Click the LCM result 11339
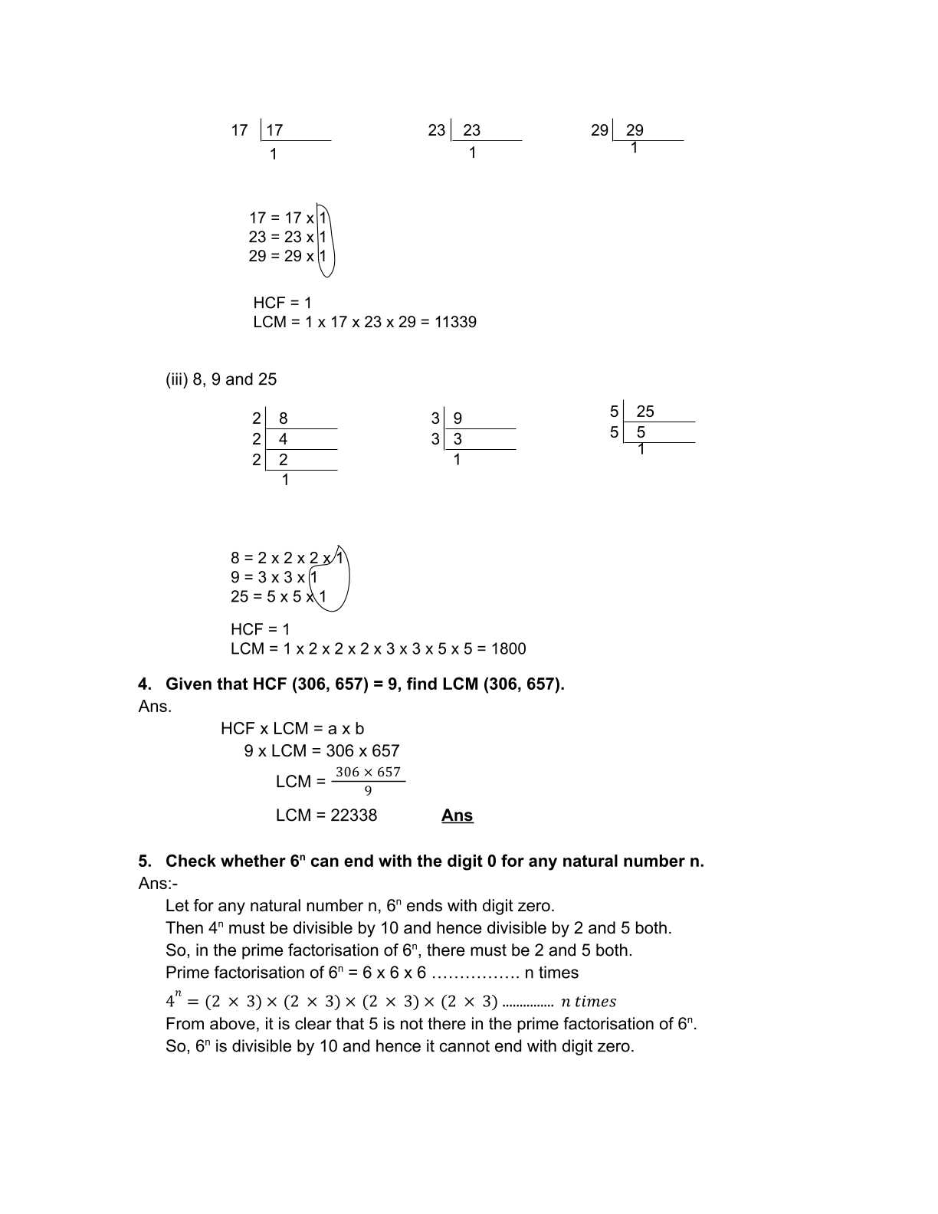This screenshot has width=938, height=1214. coord(455,323)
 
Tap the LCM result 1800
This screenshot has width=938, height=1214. coord(508,649)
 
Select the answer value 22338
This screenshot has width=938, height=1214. coord(353,815)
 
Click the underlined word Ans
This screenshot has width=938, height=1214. coord(457,815)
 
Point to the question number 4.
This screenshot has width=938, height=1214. coord(144,684)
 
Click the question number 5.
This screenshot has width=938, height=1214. coord(144,861)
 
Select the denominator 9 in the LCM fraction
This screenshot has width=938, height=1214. coord(368,791)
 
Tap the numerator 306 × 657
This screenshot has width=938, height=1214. coord(368,773)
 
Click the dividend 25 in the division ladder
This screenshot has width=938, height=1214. coord(645,412)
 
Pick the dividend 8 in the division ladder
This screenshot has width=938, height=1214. coord(284,418)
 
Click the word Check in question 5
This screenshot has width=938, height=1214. coord(191,861)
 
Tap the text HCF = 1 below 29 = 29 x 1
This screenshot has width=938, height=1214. coord(282,303)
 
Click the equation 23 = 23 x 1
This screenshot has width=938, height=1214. coord(287,237)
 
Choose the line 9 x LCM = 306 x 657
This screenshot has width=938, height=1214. coord(322,751)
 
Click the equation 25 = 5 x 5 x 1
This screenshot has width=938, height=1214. coord(278,597)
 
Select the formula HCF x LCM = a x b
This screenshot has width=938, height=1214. coord(292,729)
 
